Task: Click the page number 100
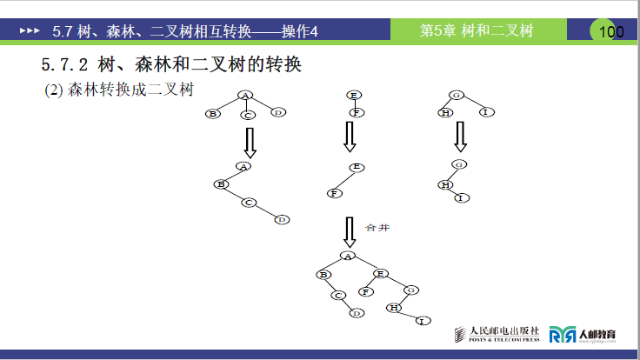pyautogui.click(x=611, y=32)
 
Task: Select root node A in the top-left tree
pyautogui.click(x=245, y=95)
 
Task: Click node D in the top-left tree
pyautogui.click(x=277, y=112)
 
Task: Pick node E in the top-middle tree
pyautogui.click(x=353, y=95)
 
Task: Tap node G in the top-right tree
pyautogui.click(x=456, y=95)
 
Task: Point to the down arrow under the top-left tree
pyautogui.click(x=250, y=142)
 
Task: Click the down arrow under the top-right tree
pyautogui.click(x=460, y=136)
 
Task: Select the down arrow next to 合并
pyautogui.click(x=350, y=231)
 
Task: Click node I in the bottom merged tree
pyautogui.click(x=423, y=322)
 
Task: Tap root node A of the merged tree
pyautogui.click(x=348, y=256)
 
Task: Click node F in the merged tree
pyautogui.click(x=365, y=292)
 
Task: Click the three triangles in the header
pyautogui.click(x=30, y=30)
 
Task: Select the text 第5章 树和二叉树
pyautogui.click(x=476, y=31)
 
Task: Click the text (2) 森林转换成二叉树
pyautogui.click(x=117, y=90)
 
